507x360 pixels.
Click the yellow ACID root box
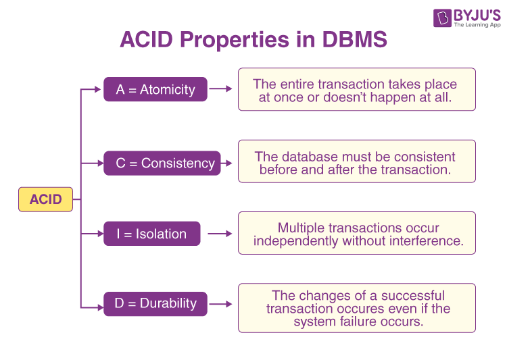click(45, 199)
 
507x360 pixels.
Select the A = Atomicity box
click(155, 89)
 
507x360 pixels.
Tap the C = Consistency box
click(162, 163)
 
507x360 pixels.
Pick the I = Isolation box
click(151, 234)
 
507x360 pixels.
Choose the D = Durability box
click(155, 303)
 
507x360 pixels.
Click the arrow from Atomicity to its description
click(220, 88)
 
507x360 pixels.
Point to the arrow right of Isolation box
click(220, 234)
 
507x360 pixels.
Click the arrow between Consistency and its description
click(227, 163)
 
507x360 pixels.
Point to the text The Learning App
click(477, 25)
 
